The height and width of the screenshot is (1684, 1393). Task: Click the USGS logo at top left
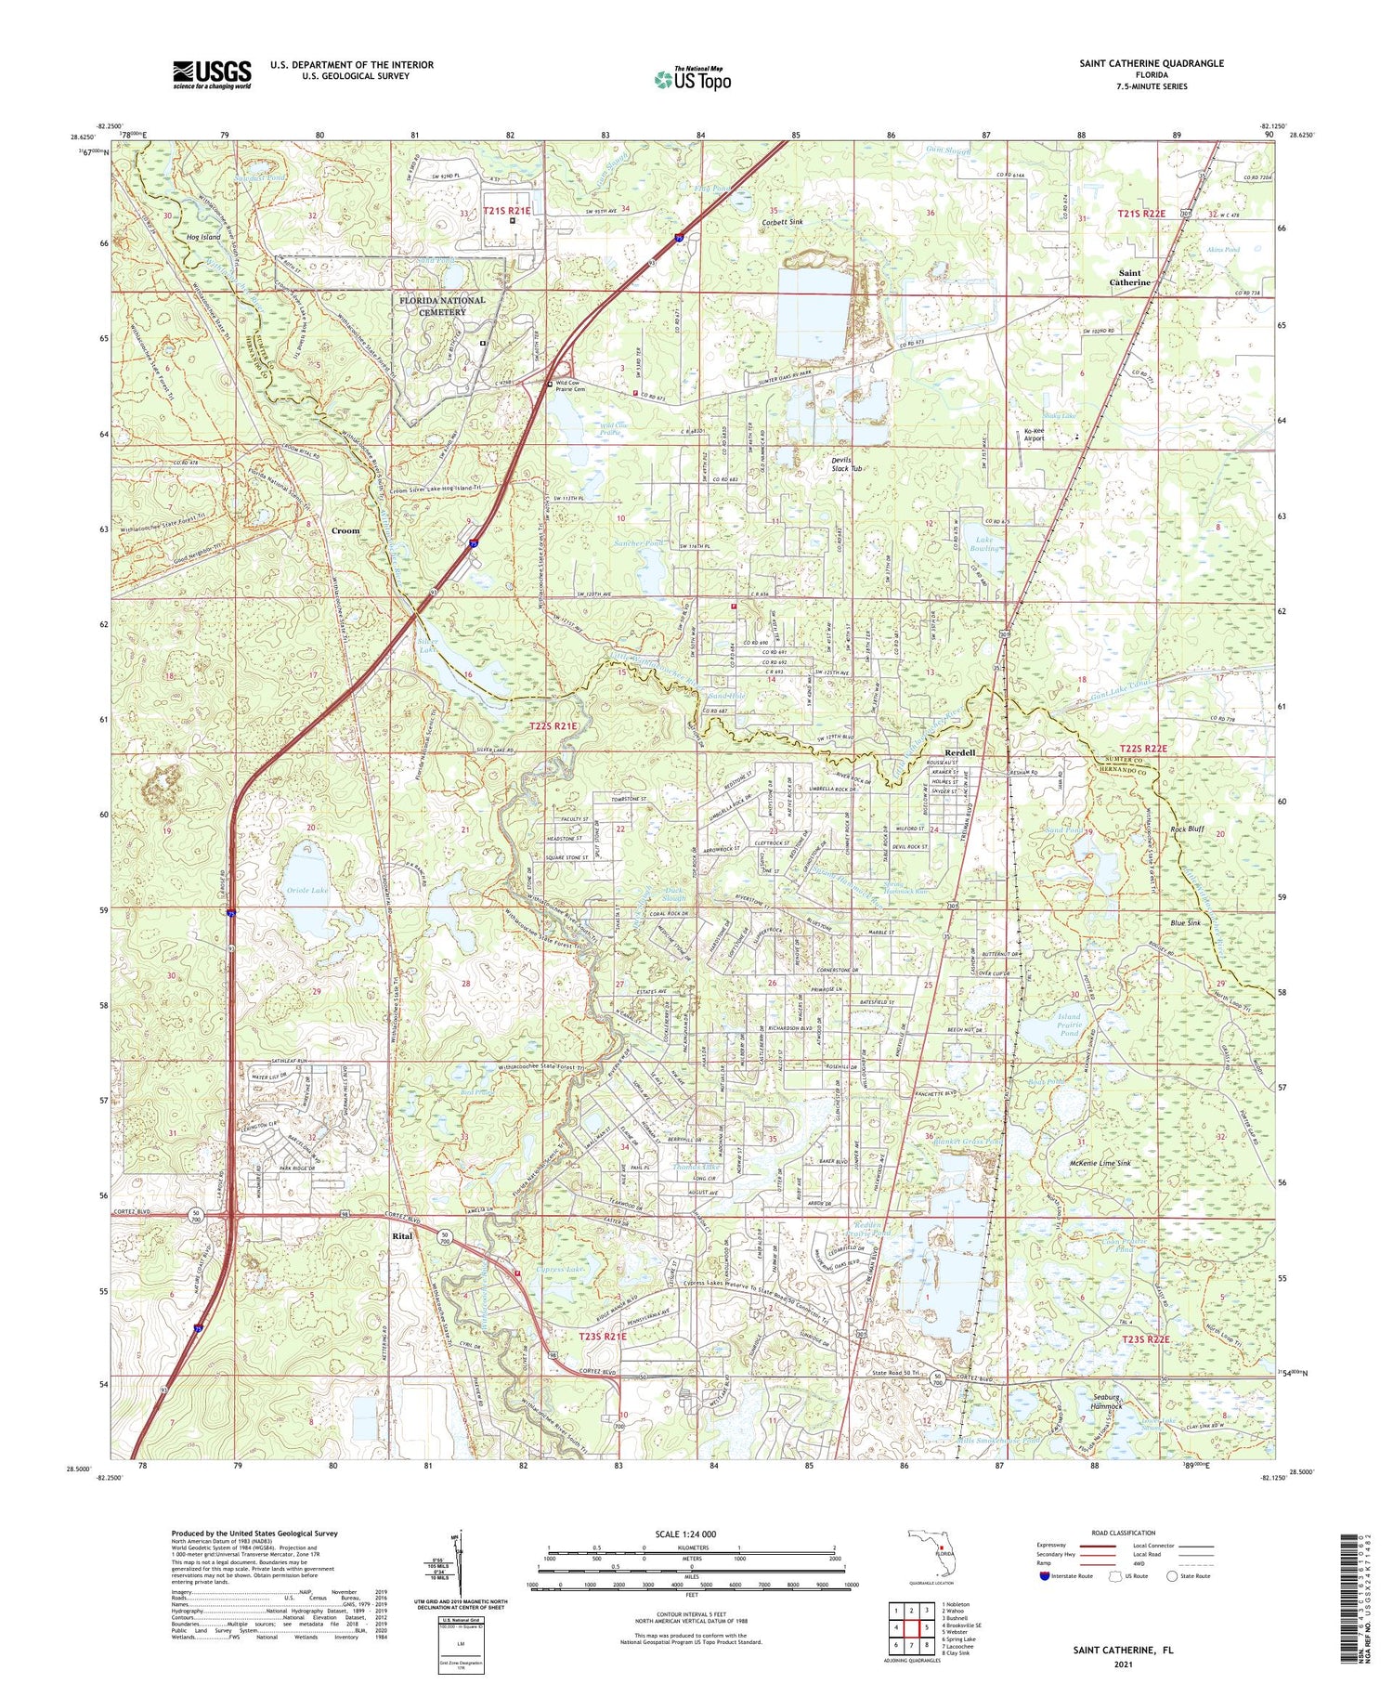(212, 74)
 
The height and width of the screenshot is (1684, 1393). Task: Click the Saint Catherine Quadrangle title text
(1151, 64)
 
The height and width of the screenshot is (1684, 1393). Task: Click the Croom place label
(345, 530)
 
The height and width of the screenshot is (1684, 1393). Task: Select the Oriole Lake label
(303, 891)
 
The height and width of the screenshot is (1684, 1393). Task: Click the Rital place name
(402, 1236)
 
